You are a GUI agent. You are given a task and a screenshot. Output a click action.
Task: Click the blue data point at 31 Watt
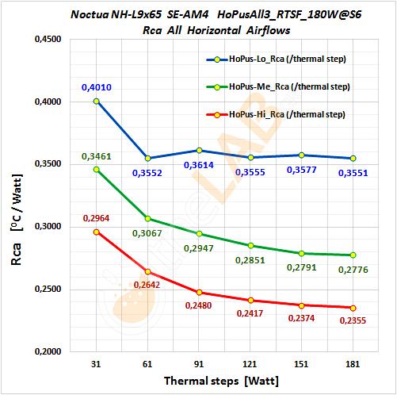96,101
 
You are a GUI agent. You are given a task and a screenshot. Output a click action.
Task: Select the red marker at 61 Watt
147,271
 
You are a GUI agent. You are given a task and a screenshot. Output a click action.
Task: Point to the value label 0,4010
96,86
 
